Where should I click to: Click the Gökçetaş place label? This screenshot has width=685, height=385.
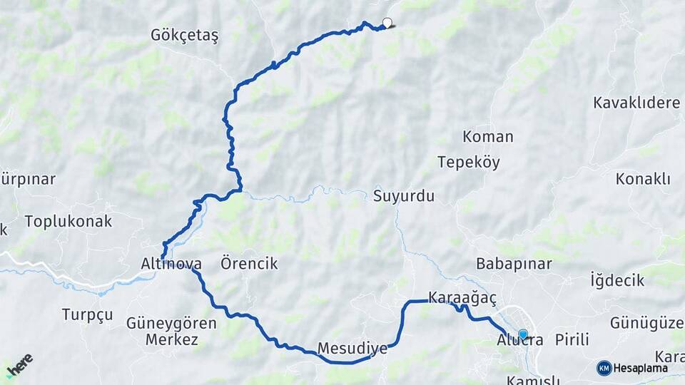click(185, 35)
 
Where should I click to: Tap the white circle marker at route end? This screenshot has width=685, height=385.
click(387, 22)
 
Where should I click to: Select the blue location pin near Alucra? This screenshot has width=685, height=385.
click(523, 334)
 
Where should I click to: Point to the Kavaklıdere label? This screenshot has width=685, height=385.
click(636, 103)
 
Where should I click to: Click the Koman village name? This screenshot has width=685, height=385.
click(487, 136)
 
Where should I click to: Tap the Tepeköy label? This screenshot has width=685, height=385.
click(469, 162)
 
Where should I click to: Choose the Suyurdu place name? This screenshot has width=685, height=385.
click(403, 196)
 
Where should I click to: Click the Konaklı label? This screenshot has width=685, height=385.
click(643, 179)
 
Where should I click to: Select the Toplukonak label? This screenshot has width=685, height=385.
click(68, 221)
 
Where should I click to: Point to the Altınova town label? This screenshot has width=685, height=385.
click(171, 264)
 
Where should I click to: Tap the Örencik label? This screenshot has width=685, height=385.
click(249, 264)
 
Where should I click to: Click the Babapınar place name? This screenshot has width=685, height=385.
click(514, 264)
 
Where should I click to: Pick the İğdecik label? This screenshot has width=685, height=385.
click(617, 280)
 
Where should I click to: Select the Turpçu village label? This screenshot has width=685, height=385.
click(87, 314)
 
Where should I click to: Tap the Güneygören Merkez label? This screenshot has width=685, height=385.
click(171, 332)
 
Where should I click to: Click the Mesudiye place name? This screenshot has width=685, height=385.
click(352, 349)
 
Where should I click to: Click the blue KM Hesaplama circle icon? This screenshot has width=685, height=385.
click(604, 368)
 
